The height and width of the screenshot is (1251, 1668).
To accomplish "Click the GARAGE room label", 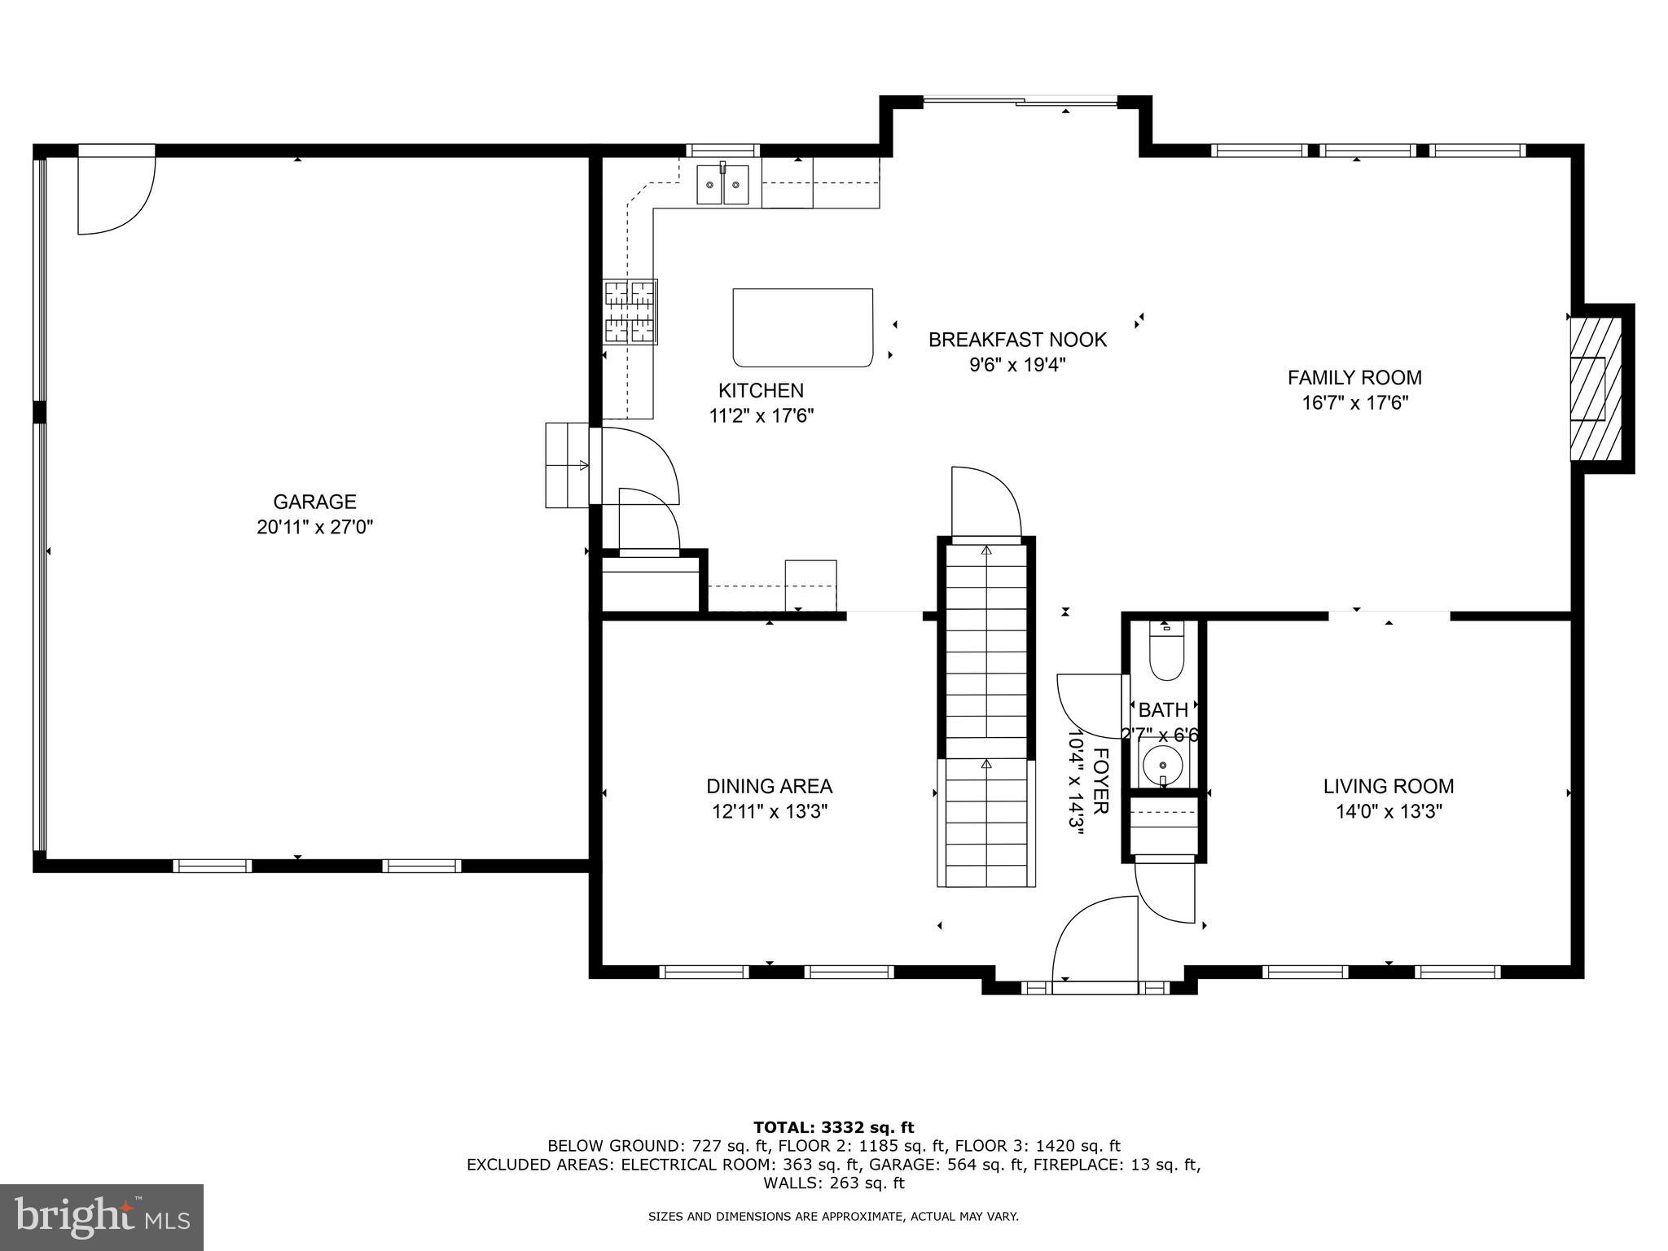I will coord(314,502).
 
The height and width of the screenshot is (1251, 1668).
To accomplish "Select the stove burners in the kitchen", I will coord(630,312).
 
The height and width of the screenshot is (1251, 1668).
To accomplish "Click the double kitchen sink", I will coord(722,184).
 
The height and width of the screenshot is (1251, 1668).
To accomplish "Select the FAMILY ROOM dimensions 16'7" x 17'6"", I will coord(1354,403).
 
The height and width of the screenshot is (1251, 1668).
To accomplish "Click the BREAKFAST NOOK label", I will coord(1017,340).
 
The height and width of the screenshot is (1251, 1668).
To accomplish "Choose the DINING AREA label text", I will coord(769,786).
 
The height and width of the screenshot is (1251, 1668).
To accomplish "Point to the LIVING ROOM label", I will coord(1388,786).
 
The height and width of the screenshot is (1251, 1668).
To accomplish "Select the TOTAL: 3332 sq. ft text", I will coord(833,1127).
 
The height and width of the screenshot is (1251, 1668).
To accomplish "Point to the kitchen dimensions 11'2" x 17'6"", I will coord(762,416).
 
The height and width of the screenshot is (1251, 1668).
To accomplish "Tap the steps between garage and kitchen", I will coord(567,465).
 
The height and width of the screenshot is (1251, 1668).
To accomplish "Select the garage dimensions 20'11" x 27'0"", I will coord(314,528).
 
